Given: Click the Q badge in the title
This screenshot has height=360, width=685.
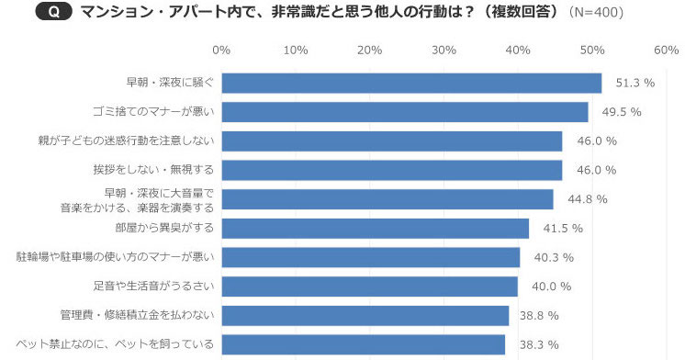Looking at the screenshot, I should click(55, 12).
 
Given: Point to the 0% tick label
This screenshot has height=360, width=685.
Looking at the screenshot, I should click(221, 49).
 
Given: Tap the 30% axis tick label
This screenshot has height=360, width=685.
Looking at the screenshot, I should click(444, 49).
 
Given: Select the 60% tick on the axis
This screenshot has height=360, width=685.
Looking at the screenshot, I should click(666, 49).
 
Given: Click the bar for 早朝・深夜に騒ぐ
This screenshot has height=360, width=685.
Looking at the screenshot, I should click(411, 83).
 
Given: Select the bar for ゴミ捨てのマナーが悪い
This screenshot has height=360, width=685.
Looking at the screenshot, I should click(405, 112).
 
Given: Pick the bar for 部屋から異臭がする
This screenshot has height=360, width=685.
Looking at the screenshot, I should click(375, 228).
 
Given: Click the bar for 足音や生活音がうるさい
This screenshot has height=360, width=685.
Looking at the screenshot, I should click(369, 287).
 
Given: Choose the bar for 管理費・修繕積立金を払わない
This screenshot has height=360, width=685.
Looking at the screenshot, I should click(365, 315).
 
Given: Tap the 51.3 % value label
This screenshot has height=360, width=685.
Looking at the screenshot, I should click(634, 83).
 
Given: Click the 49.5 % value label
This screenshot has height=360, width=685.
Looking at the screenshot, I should click(622, 112).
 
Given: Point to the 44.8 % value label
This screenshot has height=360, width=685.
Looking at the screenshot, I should click(587, 199).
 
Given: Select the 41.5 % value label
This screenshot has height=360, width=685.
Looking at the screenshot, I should click(562, 228).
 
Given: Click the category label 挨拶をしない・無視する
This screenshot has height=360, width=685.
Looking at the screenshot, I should click(152, 170).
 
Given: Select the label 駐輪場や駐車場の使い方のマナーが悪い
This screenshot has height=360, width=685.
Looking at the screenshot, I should click(116, 257).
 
